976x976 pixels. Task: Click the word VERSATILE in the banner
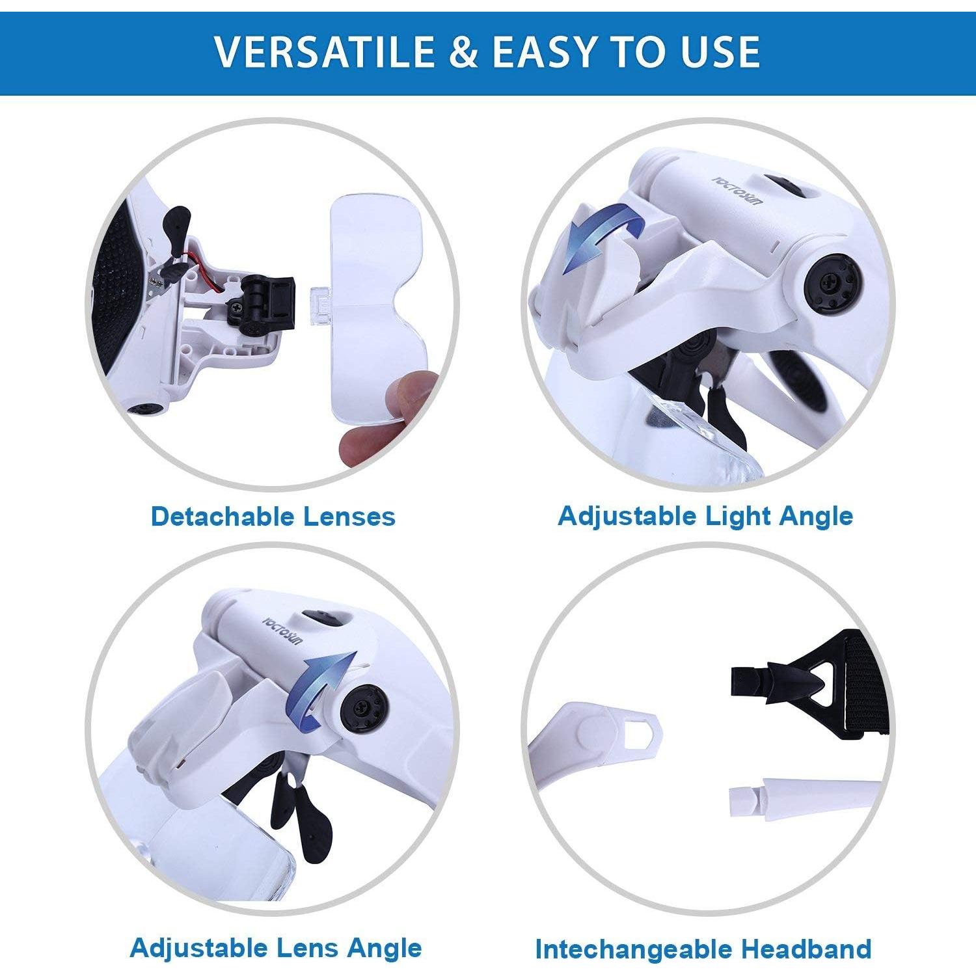(324, 52)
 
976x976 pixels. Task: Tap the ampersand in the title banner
(463, 52)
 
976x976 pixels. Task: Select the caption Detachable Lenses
(273, 517)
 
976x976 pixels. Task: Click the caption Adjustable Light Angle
(705, 516)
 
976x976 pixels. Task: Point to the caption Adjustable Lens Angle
(276, 948)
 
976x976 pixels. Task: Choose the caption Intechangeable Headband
(703, 949)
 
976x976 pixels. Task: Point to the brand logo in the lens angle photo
(282, 630)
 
